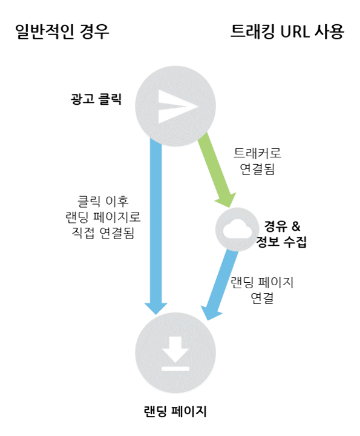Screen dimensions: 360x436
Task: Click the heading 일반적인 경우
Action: pyautogui.click(x=62, y=31)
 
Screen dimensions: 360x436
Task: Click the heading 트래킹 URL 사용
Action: pyautogui.click(x=287, y=31)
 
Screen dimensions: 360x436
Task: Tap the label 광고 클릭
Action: pyautogui.click(x=96, y=99)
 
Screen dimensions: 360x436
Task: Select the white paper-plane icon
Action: pyautogui.click(x=178, y=106)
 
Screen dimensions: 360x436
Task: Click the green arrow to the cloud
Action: pyautogui.click(x=217, y=170)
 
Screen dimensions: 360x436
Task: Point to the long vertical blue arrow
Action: pyautogui.click(x=155, y=226)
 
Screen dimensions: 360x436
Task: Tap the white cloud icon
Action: pyautogui.click(x=238, y=229)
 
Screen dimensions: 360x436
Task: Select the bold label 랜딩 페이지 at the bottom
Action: pyautogui.click(x=175, y=411)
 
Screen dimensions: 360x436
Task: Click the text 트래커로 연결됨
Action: pyautogui.click(x=257, y=161)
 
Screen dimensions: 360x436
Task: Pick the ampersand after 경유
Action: pyautogui.click(x=296, y=226)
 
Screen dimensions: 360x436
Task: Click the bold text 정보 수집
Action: pyautogui.click(x=281, y=242)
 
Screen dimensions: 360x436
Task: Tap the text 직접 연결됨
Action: pyautogui.click(x=103, y=233)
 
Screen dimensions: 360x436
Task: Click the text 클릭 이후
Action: pyautogui.click(x=103, y=201)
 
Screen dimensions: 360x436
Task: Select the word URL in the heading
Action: pyautogui.click(x=295, y=31)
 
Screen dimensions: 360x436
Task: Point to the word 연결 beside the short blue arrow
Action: pyautogui.click(x=262, y=298)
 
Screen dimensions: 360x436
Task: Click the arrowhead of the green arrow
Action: pyautogui.click(x=226, y=200)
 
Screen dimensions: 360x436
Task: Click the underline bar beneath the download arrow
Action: pyautogui.click(x=175, y=369)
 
